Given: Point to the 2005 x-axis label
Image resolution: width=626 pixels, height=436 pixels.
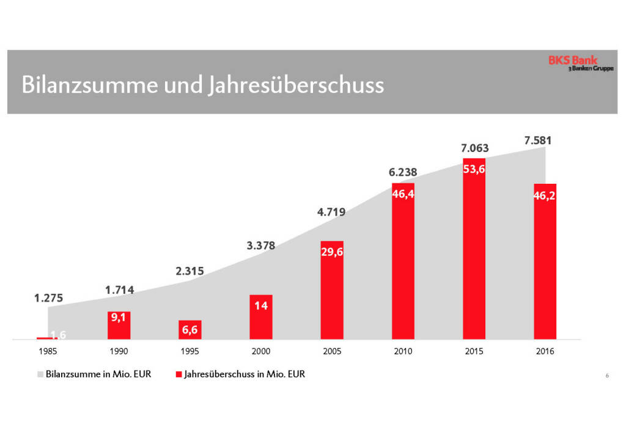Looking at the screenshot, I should [332, 352].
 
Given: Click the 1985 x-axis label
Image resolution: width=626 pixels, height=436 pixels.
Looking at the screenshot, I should [48, 352].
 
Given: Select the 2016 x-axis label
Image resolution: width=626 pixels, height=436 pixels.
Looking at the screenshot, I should [545, 352].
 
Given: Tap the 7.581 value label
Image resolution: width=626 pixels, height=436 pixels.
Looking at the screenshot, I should [538, 140].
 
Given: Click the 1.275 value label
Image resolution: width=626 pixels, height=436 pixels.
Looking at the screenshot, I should [48, 299].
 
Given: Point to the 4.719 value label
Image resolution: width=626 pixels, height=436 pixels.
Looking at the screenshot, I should [331, 213].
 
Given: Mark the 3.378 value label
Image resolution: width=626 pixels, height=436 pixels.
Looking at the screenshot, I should [261, 246].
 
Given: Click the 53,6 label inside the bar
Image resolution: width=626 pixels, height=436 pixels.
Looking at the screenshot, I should [474, 170].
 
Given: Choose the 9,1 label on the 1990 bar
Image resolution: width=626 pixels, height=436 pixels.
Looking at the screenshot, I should [119, 317].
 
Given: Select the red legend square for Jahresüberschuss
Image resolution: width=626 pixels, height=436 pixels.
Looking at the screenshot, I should [179, 374].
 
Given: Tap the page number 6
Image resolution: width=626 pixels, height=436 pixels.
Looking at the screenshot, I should [607, 376].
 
